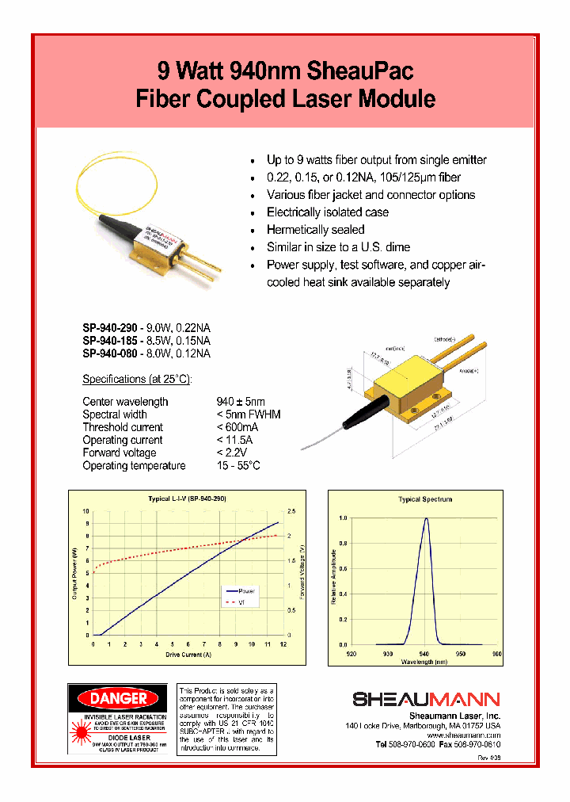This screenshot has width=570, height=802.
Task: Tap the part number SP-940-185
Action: [x=111, y=341]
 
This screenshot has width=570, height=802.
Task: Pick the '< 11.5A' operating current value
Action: [x=237, y=440]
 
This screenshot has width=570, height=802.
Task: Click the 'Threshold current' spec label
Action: [x=123, y=427]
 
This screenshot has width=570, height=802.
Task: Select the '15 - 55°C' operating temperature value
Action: [x=238, y=465]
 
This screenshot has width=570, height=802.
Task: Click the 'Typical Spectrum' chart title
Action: [x=425, y=499]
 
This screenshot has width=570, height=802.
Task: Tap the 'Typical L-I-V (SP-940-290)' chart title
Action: [x=188, y=499]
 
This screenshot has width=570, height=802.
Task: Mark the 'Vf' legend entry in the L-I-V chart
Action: [x=243, y=602]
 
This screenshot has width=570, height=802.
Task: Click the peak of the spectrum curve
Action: [x=426, y=518]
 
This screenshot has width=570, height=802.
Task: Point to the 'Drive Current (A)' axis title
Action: [x=188, y=655]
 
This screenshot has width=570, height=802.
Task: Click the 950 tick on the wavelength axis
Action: [x=461, y=654]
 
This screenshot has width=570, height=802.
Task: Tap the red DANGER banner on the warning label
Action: [x=119, y=698]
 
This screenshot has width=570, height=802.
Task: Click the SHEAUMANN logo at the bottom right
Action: [x=426, y=699]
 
